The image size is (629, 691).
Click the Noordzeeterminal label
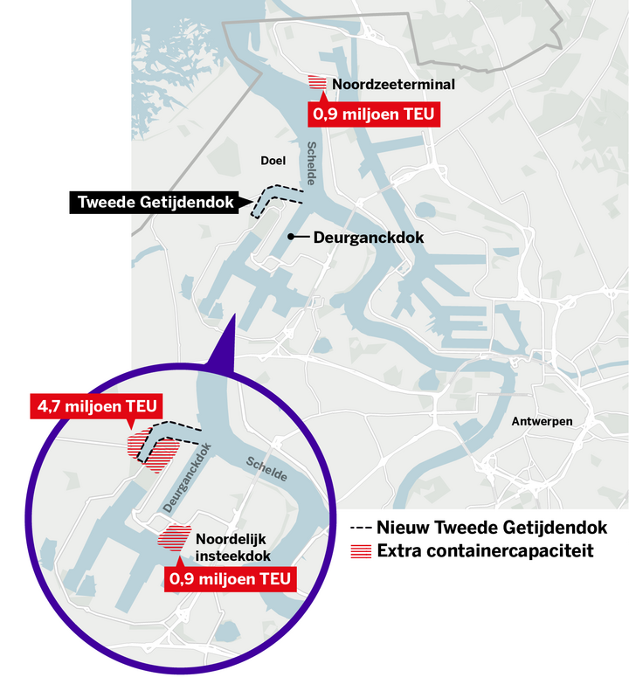pyautogui.click(x=384, y=85)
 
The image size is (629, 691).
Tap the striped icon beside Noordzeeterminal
pyautogui.click(x=318, y=83)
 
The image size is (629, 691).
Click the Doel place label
pyautogui.click(x=273, y=160)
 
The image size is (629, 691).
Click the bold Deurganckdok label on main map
pyautogui.click(x=369, y=237)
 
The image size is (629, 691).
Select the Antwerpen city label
pyautogui.click(x=542, y=422)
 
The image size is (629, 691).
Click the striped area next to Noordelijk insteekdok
pyautogui.click(x=175, y=536)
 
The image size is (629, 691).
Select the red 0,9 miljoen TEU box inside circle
pyautogui.click(x=229, y=578)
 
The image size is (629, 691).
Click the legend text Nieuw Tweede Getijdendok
pyautogui.click(x=492, y=528)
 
